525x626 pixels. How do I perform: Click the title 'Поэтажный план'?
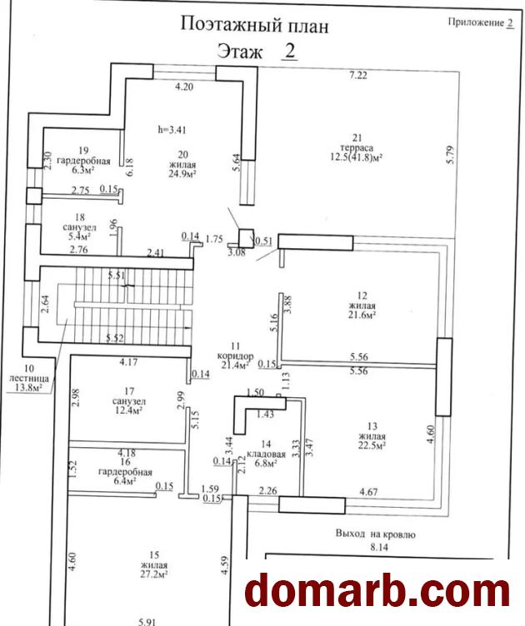pyautogui.click(x=254, y=25)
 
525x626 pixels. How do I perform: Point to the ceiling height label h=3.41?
pyautogui.click(x=172, y=130)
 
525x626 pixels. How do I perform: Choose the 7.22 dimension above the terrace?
pyautogui.click(x=359, y=76)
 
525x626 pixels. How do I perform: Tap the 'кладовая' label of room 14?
pyautogui.click(x=267, y=455)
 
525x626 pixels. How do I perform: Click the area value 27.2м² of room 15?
pyautogui.click(x=150, y=574)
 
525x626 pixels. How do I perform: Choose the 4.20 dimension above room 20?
pyautogui.click(x=183, y=86)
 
